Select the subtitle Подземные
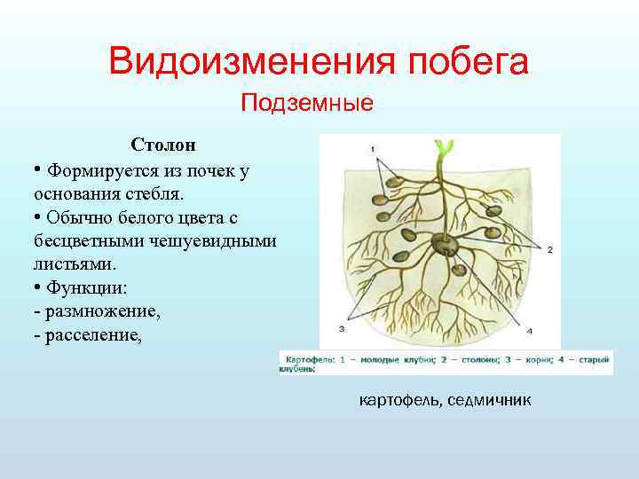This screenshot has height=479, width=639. pos(307,104)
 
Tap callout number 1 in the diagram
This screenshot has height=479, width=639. pos(372,147)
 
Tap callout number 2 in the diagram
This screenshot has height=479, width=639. pos(549,250)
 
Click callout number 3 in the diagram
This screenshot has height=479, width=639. pos(342,328)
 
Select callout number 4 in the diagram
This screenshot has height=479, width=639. pos(529,330)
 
